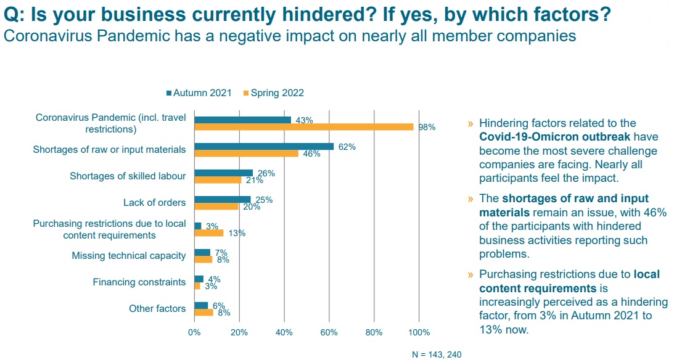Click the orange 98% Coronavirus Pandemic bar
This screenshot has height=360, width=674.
[303, 126]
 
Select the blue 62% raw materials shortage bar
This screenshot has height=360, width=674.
[264, 146]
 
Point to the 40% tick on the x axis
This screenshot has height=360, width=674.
[284, 332]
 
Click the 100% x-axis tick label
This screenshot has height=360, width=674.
[419, 332]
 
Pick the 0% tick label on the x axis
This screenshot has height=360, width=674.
[194, 332]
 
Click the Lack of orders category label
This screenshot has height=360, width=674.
[154, 202]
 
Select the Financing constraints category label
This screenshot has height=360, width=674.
[139, 282]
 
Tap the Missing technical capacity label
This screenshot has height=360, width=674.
[128, 255]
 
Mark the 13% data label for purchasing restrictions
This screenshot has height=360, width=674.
[237, 233]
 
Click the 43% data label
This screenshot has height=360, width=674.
[304, 120]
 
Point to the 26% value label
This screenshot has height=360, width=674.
[266, 174]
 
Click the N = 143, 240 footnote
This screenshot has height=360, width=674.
[437, 354]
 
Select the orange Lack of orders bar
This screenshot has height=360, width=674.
[216, 207]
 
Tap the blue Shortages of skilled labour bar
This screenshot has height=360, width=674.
[223, 173]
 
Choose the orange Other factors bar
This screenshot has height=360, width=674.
[203, 313]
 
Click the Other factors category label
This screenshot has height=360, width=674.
[157, 308]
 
